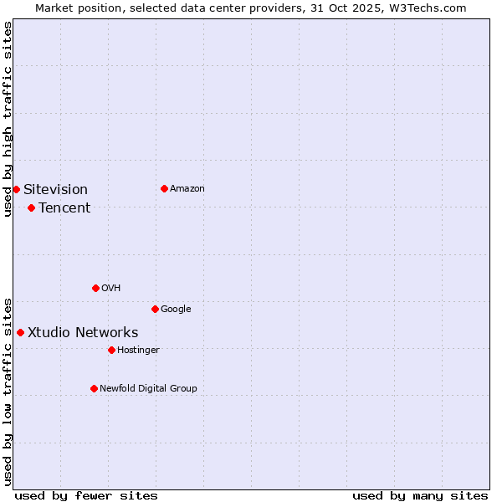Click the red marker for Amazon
164,188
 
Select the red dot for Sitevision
16,189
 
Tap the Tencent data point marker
31,207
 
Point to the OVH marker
95,288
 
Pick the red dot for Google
155,309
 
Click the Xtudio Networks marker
20,332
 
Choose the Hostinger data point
111,350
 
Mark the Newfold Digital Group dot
94,388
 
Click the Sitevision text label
55,190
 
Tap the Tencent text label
64,208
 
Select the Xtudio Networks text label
83,333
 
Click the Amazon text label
187,189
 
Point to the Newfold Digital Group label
148,388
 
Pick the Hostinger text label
138,350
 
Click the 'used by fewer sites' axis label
86,495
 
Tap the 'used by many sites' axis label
420,495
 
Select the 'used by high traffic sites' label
8,119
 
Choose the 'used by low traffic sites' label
8,391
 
